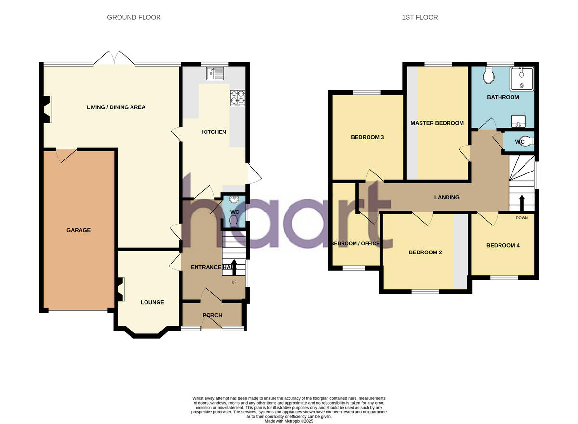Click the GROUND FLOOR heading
click(133, 17)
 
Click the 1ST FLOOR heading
click(420, 17)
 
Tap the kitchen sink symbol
click(215, 74)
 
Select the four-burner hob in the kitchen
click(237, 98)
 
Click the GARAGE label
click(79, 230)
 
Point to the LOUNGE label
click(152, 302)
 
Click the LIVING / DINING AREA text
click(116, 107)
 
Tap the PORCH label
click(212, 315)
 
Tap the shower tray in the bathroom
click(522, 79)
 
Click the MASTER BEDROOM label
click(437, 123)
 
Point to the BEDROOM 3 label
click(367, 137)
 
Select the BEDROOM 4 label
click(503, 245)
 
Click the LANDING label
click(447, 197)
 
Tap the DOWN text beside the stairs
click(522, 218)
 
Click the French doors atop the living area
click(114, 59)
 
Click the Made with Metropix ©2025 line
click(289, 421)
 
